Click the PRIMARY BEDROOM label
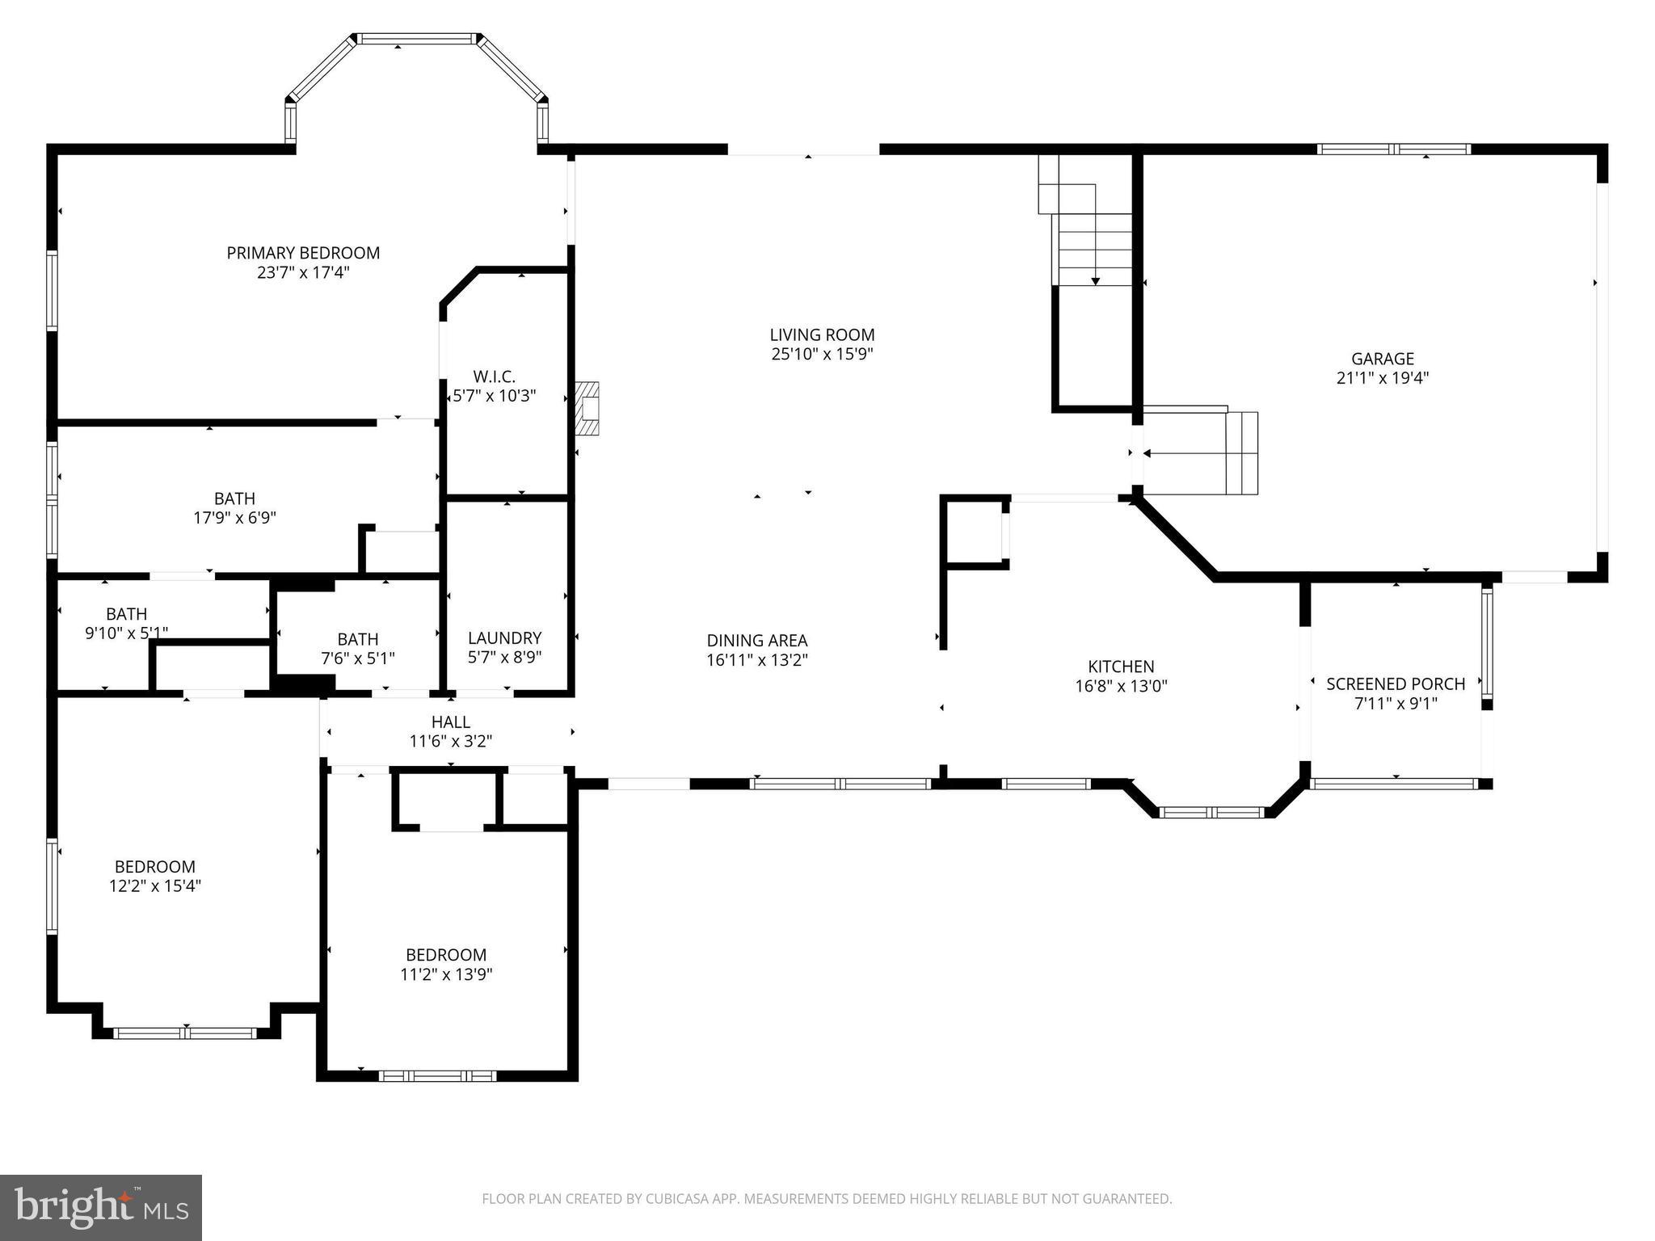click(303, 253)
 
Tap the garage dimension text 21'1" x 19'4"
click(1383, 377)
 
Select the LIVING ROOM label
click(822, 334)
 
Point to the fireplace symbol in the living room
click(588, 409)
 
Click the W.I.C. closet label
click(494, 377)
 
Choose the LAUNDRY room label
click(504, 637)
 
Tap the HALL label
click(450, 721)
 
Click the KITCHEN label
click(1121, 667)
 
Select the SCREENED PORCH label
click(1396, 684)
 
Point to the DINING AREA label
click(757, 641)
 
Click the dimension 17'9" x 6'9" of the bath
click(234, 518)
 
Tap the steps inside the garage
click(1241, 453)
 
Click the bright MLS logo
click(101, 1207)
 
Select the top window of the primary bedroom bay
click(417, 39)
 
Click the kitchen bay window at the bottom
click(1211, 812)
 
